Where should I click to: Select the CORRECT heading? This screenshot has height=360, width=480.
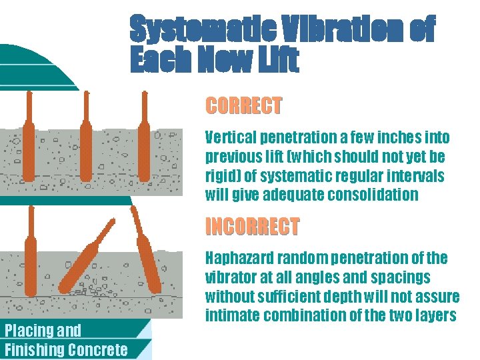(243, 106)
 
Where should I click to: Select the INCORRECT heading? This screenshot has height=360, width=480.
(252, 227)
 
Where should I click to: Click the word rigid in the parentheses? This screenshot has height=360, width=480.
(221, 177)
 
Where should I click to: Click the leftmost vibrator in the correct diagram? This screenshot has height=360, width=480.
(29, 137)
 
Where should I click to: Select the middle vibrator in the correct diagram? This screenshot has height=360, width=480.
(86, 137)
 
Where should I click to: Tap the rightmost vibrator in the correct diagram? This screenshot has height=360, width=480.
(144, 137)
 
